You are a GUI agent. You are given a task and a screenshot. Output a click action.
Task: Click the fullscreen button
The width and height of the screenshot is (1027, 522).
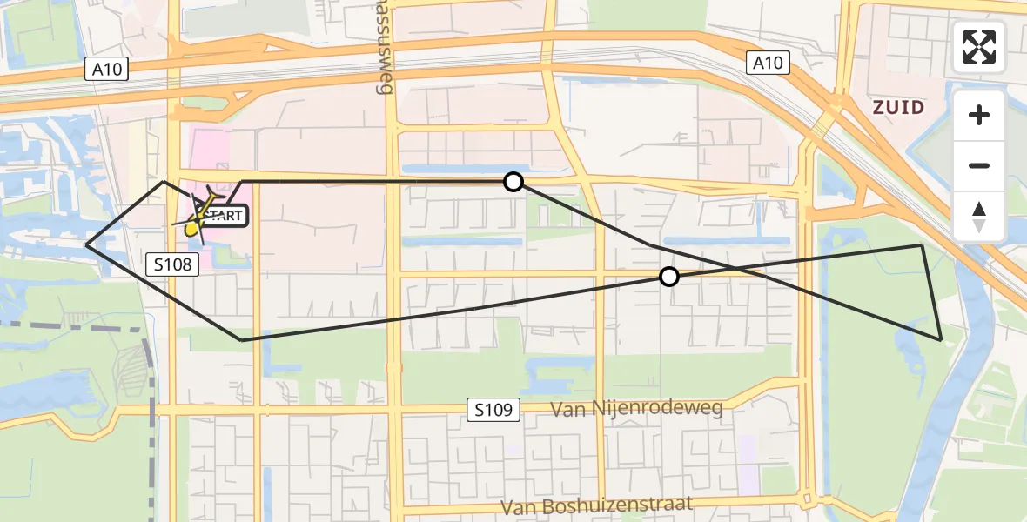pos(979,47)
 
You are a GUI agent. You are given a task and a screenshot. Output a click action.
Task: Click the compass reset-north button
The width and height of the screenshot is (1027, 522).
pos(979,217)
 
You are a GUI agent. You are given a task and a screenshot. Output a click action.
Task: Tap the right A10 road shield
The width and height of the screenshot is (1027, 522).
pos(768,63)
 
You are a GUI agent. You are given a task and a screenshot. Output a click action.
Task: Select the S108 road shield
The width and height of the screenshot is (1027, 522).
pos(174,264)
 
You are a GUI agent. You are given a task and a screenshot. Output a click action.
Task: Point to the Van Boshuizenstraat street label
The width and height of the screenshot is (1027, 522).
pos(597,505)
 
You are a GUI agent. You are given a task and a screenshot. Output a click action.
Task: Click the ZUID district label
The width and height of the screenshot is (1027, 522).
pos(899,107)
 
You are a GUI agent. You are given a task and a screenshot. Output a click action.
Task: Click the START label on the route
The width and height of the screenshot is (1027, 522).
pos(225,216)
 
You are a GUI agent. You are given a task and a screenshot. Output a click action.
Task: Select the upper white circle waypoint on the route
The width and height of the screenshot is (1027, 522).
pos(513,182)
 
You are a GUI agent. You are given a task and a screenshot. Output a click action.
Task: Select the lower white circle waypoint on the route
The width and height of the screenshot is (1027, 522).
pos(668,277)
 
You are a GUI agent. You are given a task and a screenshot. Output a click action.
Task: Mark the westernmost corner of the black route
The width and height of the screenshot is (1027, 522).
pos(87,245)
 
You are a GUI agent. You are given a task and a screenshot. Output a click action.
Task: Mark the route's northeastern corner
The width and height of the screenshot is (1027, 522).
pos(922,245)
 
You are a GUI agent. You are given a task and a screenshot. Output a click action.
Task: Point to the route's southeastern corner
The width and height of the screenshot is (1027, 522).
pos(941,338)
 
